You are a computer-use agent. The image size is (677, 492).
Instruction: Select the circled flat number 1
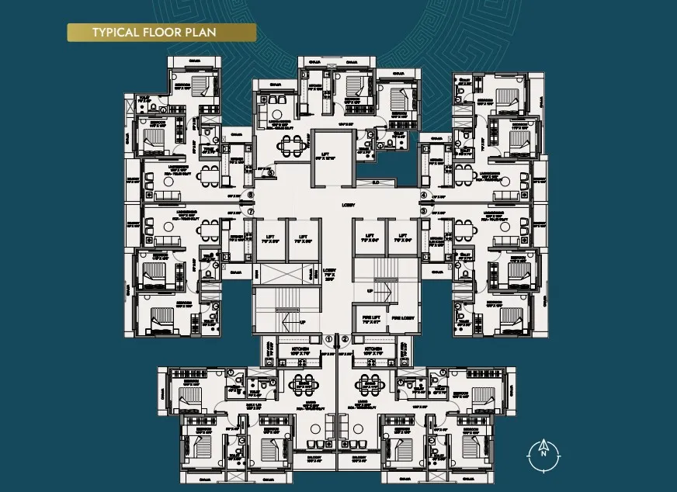click(328, 338)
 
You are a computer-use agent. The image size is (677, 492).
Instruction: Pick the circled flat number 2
click(345, 338)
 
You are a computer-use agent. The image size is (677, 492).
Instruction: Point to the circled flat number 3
click(424, 210)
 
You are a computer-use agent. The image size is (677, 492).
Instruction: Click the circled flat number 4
click(424, 196)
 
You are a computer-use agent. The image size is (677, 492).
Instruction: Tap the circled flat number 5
click(271, 173)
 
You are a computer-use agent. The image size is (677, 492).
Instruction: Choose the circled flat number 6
click(250, 196)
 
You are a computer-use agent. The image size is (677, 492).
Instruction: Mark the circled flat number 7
click(250, 210)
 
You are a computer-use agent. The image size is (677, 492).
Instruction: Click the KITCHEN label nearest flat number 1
click(304, 350)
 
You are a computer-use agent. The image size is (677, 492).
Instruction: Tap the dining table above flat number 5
click(293, 144)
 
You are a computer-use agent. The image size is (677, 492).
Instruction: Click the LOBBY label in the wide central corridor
click(349, 206)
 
